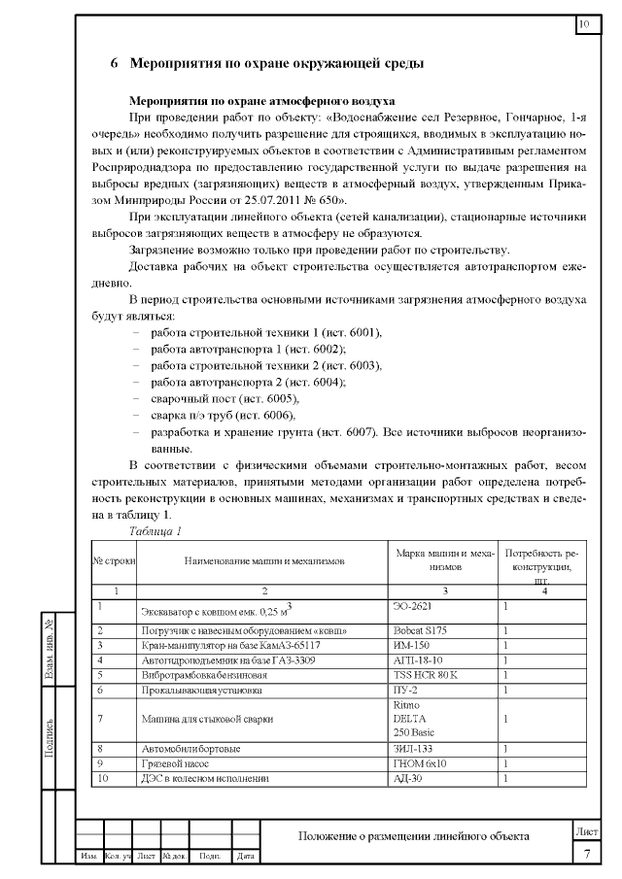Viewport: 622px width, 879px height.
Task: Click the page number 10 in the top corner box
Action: coord(585,23)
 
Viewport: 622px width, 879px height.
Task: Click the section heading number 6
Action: coord(114,64)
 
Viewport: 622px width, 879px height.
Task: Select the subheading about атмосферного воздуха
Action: coord(261,100)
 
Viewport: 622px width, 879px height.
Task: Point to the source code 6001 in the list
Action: coord(363,332)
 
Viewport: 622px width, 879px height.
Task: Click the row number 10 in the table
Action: coord(100,778)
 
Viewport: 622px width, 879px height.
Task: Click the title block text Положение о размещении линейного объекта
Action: coord(413,836)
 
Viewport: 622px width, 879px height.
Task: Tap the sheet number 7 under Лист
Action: coord(586,854)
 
